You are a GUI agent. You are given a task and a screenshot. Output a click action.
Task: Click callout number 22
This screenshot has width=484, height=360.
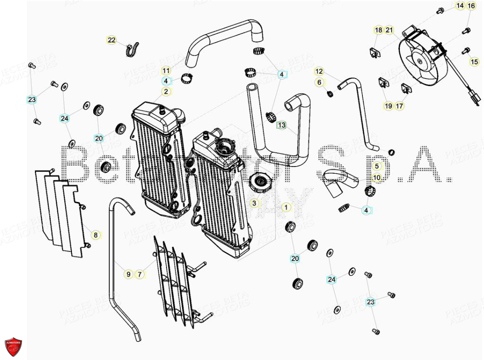point(111,40)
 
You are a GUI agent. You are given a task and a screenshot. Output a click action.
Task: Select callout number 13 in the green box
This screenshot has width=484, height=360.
point(282,125)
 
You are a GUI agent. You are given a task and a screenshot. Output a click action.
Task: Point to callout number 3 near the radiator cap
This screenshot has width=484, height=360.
point(255,203)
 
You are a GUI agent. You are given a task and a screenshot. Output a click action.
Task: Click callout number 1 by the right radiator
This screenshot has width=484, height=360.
point(286,207)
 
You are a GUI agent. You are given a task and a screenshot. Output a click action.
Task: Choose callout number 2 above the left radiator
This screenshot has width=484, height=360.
point(166,91)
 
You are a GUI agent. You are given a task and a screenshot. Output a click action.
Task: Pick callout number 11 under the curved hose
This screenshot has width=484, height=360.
point(166,70)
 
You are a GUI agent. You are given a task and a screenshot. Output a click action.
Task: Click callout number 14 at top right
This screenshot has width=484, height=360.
point(460,6)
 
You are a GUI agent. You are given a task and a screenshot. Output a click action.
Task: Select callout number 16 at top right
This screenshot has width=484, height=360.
point(471,6)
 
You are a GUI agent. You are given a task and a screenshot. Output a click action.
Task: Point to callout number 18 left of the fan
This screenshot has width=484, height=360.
point(378,30)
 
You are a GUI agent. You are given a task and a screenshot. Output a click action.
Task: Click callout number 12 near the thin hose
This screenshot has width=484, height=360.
point(319,71)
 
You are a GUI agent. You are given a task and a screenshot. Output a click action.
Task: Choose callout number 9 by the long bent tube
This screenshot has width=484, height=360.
point(128,274)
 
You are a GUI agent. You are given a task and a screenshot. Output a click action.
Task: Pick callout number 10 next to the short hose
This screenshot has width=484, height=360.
point(377,178)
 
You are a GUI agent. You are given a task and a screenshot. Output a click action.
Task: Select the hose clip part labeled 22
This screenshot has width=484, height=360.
point(132,48)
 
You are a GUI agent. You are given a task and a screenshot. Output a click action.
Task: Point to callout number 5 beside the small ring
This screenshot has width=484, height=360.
point(377,166)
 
